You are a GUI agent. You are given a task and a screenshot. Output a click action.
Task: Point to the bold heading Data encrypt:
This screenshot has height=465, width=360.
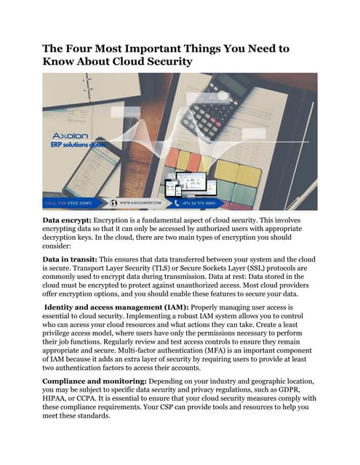tap(71, 218)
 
